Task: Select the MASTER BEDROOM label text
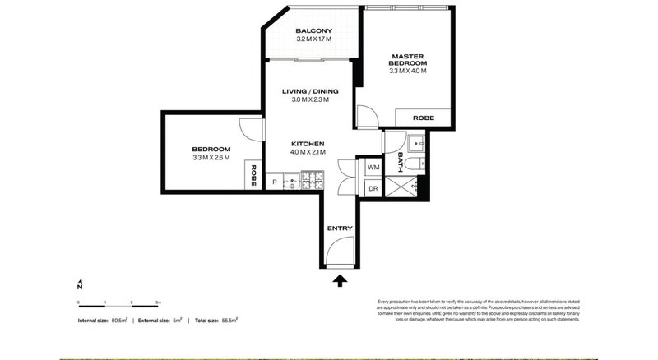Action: click(408, 59)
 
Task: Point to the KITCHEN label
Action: click(308, 143)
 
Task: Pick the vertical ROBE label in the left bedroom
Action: click(253, 175)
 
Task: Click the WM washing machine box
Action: click(373, 167)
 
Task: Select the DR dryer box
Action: click(373, 188)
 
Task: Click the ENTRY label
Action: click(339, 228)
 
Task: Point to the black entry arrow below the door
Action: click(339, 282)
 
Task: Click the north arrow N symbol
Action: click(80, 284)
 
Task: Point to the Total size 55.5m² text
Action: click(213, 320)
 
